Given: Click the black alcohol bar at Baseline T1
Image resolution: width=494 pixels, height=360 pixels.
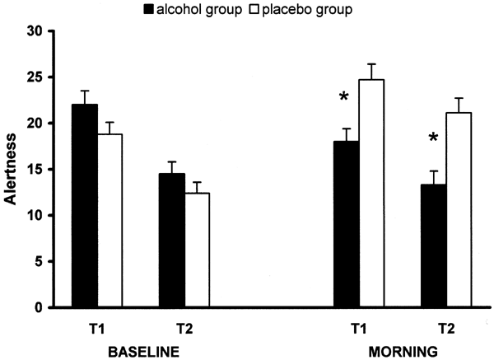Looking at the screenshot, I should click(85, 206).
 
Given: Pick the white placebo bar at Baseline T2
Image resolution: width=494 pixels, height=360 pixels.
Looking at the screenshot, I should click(197, 250).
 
